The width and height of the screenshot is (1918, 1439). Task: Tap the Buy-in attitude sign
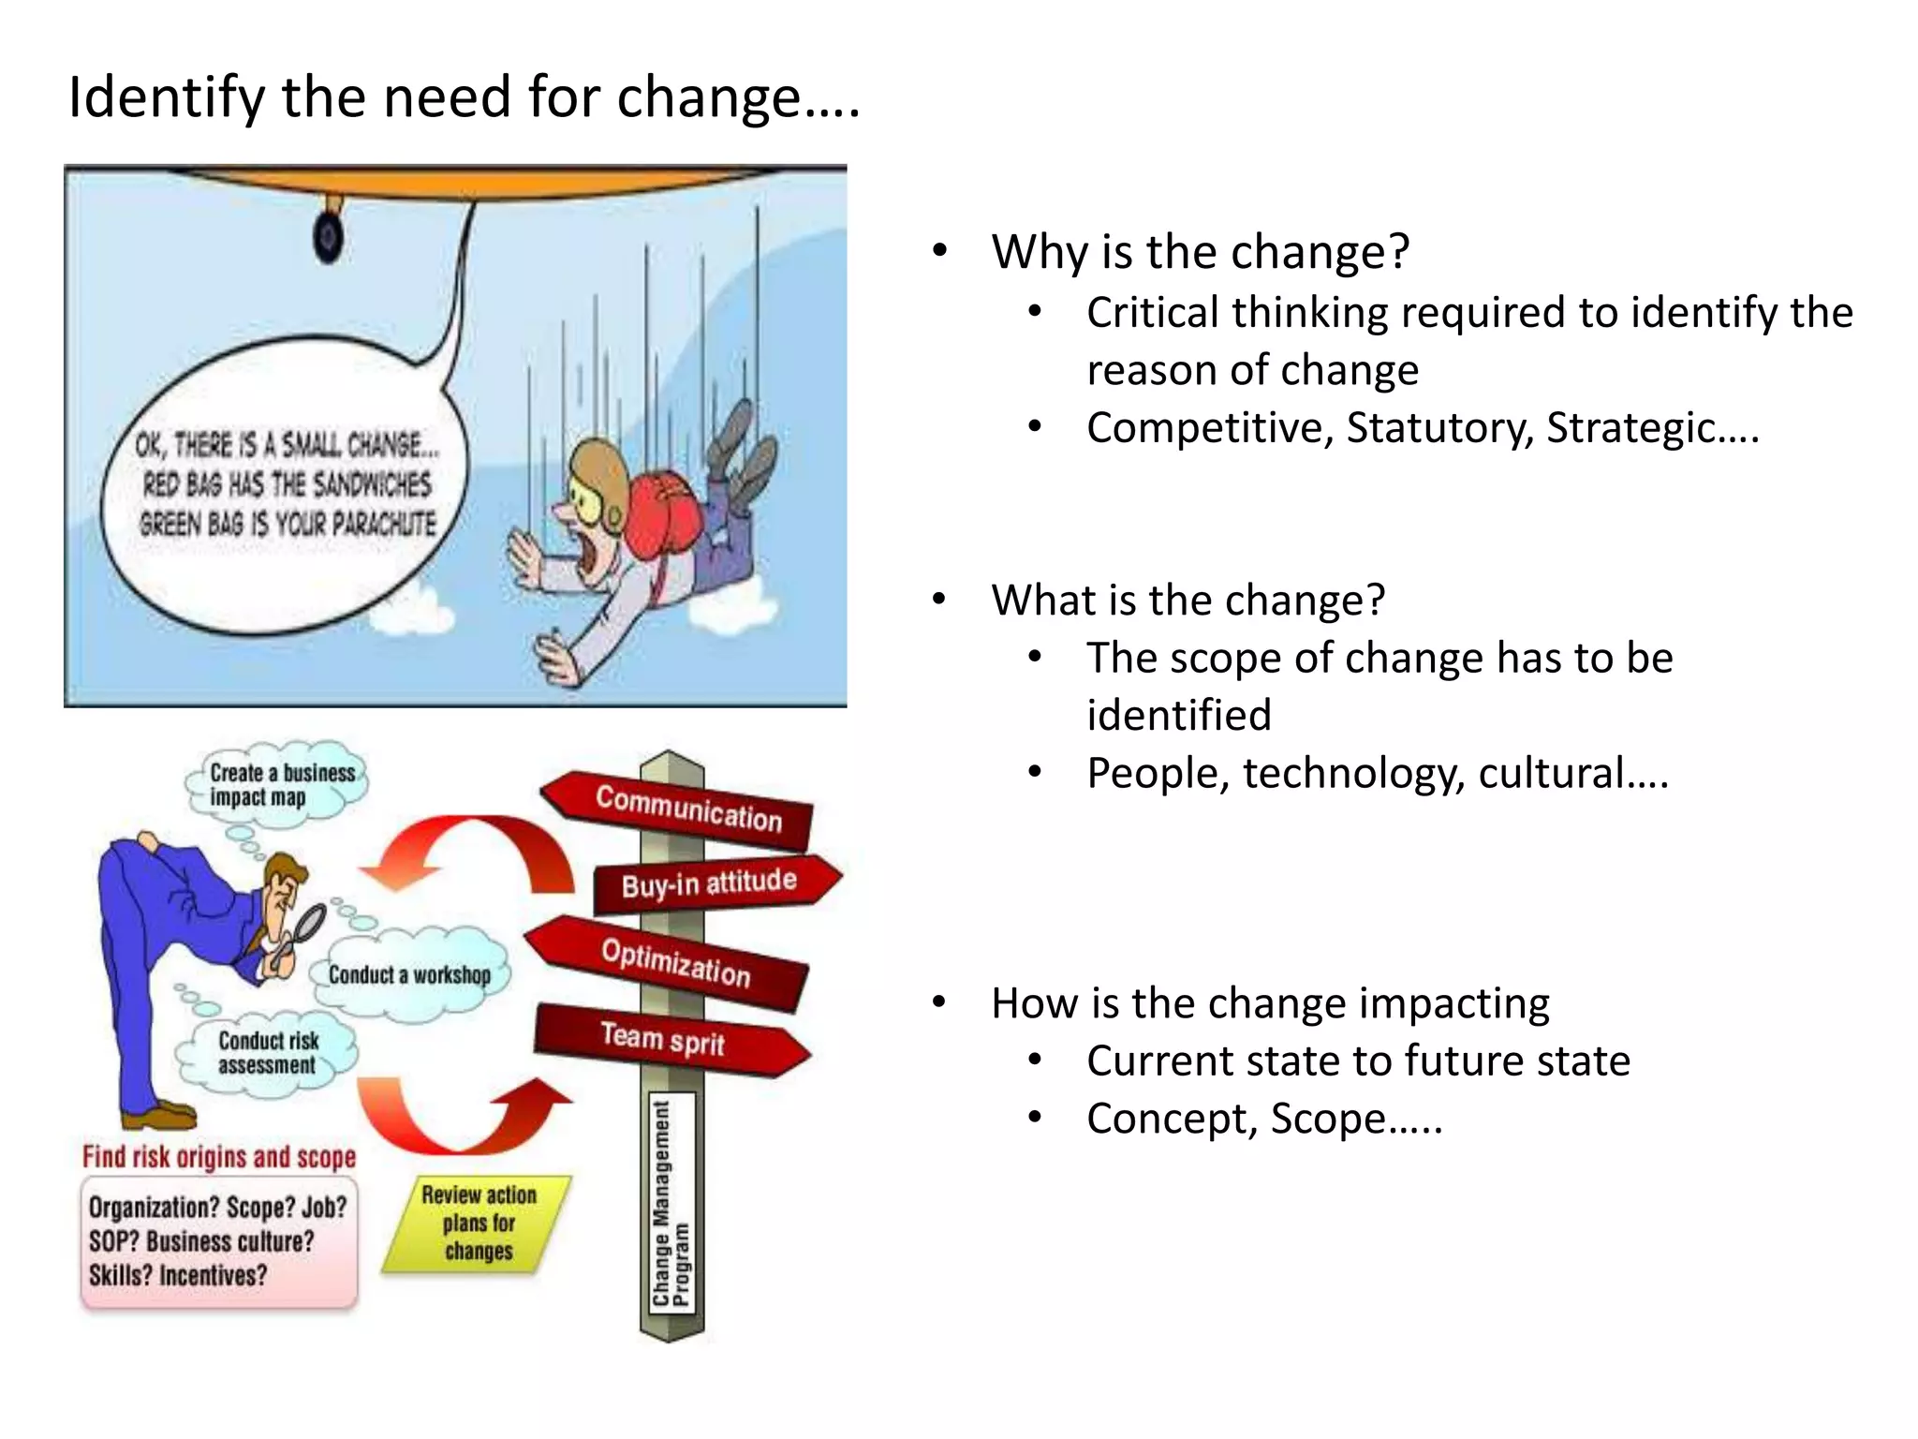tap(712, 883)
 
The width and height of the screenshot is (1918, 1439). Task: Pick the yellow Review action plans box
tap(478, 1223)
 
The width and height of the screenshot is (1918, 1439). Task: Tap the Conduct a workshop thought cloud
tap(409, 974)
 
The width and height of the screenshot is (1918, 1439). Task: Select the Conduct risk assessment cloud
tap(268, 1053)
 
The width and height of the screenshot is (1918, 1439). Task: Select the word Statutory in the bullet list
tap(1438, 428)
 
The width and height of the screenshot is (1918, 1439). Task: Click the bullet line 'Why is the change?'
tap(1200, 252)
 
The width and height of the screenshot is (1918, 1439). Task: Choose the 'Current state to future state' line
tap(1357, 1061)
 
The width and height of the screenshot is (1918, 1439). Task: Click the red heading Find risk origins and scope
tap(219, 1157)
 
